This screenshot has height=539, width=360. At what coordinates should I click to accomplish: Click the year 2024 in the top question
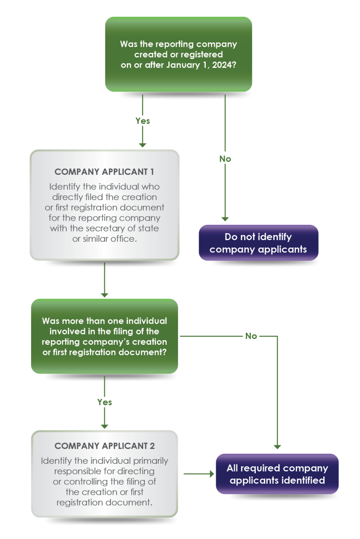[x=225, y=64]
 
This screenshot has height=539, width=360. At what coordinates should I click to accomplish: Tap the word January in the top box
[x=176, y=64]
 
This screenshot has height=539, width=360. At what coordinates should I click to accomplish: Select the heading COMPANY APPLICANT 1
[x=105, y=172]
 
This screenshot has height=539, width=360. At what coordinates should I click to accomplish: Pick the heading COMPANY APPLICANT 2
[x=105, y=446]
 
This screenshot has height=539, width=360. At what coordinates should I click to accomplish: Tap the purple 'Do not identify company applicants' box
[x=258, y=243]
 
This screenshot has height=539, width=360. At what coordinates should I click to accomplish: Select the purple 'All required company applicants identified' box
[x=277, y=474]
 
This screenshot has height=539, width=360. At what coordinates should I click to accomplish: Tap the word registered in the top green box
[x=202, y=54]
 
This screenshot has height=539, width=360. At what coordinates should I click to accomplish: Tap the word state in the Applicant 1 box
[x=149, y=228]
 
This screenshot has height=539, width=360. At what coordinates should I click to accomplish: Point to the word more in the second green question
[x=74, y=321]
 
